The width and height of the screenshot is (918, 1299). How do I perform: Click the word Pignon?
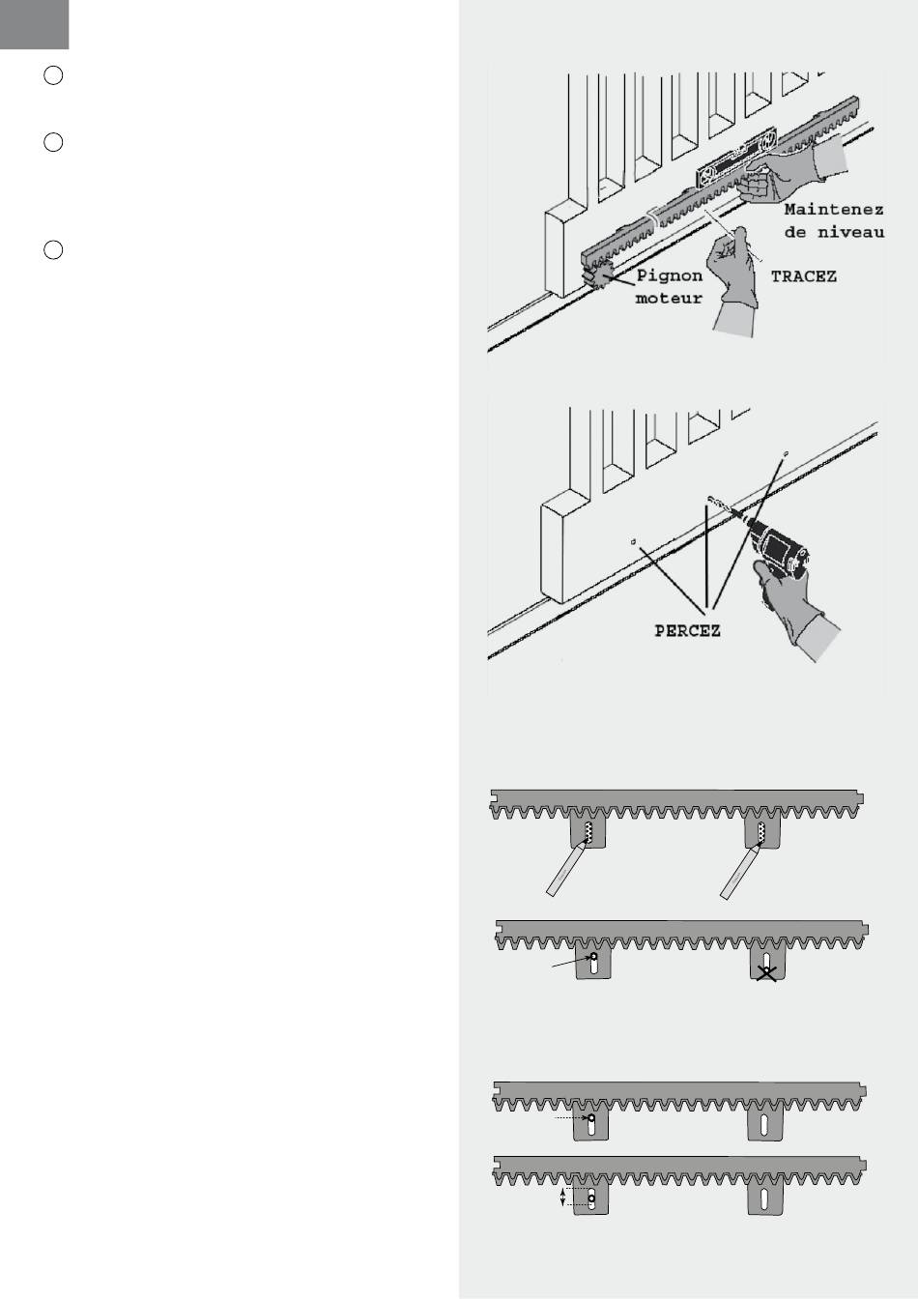(x=670, y=275)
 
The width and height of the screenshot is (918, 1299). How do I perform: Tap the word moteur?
(x=669, y=298)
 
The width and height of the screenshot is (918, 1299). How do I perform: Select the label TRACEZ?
(x=804, y=276)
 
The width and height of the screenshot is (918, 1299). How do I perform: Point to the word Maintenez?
(x=834, y=210)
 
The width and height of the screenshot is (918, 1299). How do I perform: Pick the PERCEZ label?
(x=688, y=631)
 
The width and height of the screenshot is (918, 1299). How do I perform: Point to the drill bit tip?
(x=710, y=499)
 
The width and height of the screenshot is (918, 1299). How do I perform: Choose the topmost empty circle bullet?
(x=53, y=76)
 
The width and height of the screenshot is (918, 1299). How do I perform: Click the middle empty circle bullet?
(x=53, y=143)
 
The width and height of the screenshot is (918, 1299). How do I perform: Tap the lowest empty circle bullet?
(x=53, y=250)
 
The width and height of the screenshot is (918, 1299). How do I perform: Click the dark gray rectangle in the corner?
(x=34, y=24)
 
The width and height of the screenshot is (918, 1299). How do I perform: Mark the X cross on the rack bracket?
(x=766, y=973)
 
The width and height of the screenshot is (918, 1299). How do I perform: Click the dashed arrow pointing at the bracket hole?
(x=572, y=1117)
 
